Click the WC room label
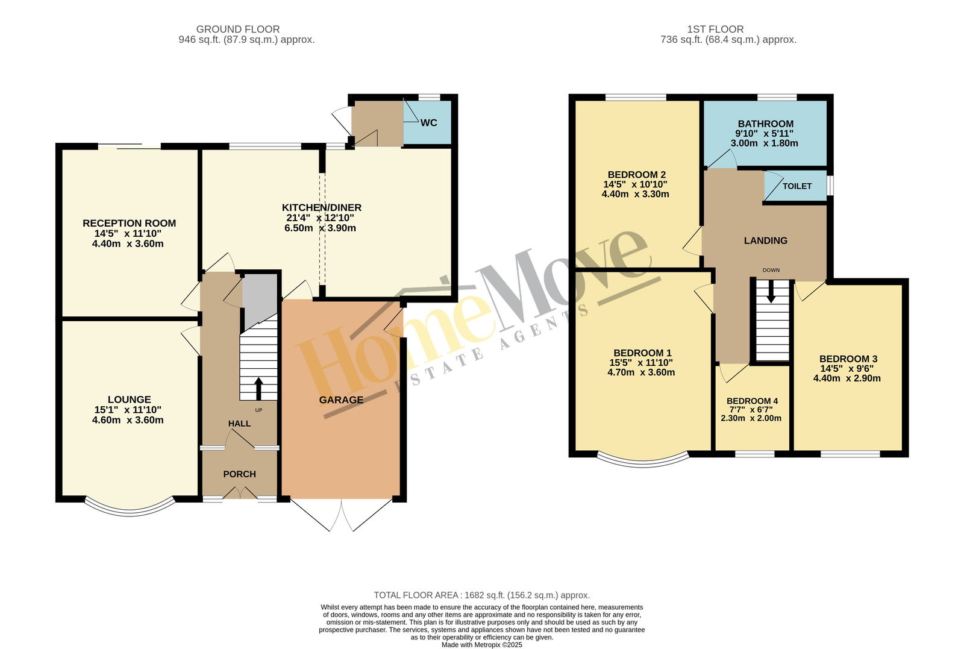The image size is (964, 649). [428, 123]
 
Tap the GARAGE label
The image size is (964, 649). [341, 400]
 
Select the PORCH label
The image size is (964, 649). [239, 474]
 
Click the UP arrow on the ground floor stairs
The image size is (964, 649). [258, 389]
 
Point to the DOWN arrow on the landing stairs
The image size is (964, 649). [771, 292]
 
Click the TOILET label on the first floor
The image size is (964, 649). [797, 186]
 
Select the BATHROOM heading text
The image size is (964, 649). [766, 124]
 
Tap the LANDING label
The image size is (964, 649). [766, 240]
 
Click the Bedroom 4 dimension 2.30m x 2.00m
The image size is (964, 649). [751, 418]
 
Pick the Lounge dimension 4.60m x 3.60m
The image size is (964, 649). [128, 420]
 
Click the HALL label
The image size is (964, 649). [239, 424]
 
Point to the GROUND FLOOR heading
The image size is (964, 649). [238, 30]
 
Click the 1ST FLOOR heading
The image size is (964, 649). [715, 30]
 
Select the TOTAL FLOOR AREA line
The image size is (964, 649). [481, 595]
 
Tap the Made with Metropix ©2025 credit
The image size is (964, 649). [481, 645]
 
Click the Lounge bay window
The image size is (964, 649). [130, 512]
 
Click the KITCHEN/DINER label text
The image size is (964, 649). [322, 207]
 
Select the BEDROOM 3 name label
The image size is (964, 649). [848, 359]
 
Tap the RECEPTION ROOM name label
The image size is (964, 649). [129, 224]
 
